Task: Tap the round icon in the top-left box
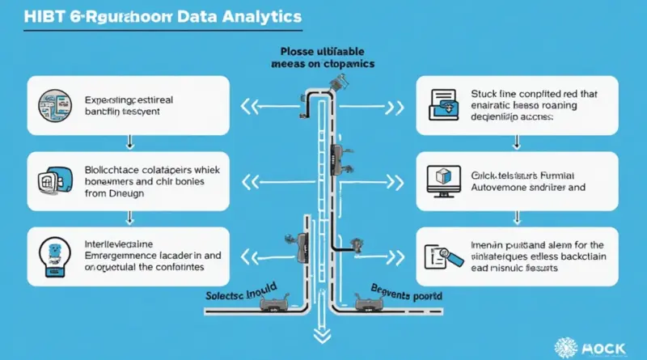[x=48, y=105]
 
